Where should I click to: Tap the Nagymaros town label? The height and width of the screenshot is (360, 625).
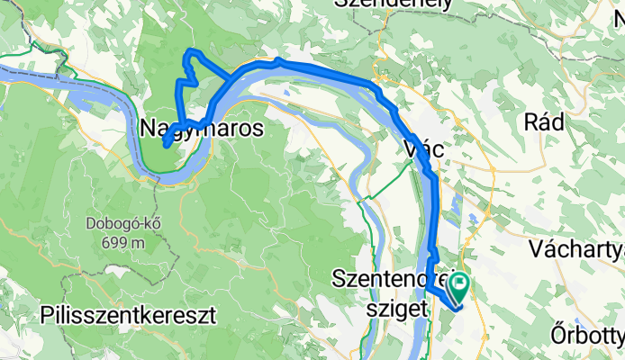point(202,129)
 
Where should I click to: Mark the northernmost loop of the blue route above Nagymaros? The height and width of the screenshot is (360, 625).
point(189,56)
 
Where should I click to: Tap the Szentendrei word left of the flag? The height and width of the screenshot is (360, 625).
point(392,278)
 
